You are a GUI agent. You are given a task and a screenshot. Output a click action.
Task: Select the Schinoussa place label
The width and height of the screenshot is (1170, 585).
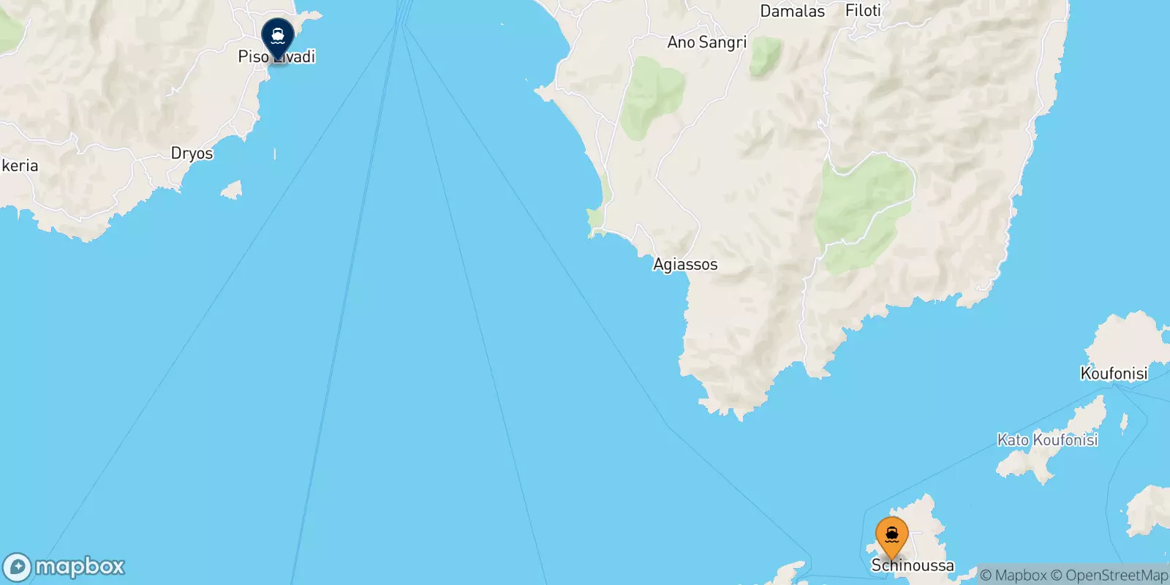913,565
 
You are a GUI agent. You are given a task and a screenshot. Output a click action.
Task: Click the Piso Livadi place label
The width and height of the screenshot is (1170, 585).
276,57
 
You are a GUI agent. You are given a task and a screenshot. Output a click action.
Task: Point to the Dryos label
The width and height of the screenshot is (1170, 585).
192,154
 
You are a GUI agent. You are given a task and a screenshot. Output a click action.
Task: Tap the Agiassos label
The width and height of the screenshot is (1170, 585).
685,265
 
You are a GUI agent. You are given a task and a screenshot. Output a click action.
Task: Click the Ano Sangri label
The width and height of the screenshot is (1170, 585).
706,42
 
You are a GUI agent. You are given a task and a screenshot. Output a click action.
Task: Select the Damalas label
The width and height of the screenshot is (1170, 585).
792,12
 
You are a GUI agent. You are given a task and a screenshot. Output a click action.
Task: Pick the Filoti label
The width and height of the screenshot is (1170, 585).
863,11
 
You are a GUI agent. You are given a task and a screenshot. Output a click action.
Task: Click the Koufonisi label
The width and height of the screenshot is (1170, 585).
1114,374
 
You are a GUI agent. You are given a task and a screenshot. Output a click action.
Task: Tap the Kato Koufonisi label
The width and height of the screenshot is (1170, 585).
1047,439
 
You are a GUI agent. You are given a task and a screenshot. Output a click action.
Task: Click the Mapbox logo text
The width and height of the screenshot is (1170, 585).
80,567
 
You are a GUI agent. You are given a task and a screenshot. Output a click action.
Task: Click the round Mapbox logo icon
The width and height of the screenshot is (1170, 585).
17,567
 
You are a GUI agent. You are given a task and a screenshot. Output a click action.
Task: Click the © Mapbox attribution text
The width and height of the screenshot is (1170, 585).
1014,575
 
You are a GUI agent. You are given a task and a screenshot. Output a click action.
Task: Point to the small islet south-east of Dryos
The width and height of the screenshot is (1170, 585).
231,190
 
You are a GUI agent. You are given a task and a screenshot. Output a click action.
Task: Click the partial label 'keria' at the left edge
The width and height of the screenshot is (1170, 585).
20,166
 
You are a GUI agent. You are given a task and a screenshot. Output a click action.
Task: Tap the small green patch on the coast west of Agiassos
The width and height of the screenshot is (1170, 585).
595,219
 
